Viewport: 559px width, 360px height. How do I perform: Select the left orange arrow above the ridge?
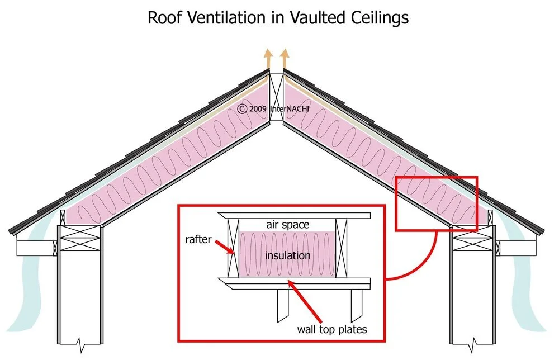[x=269, y=58]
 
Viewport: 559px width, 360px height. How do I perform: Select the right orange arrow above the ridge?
[x=285, y=58]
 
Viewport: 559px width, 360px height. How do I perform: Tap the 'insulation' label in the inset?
[x=287, y=255]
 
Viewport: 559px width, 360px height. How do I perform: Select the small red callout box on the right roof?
[x=437, y=203]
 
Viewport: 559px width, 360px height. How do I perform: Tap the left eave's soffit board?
[x=34, y=246]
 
